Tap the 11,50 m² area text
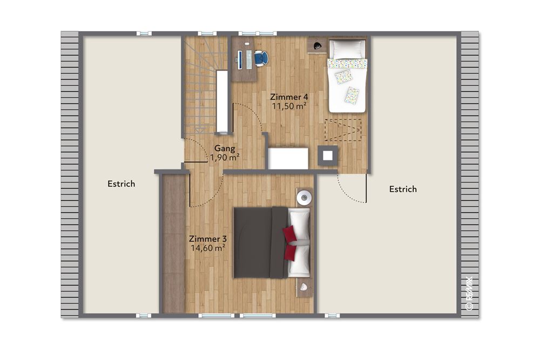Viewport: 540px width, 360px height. [288, 106]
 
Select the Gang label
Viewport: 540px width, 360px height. [224, 148]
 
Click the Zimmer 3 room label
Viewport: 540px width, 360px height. [207, 239]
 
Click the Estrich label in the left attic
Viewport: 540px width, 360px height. [121, 184]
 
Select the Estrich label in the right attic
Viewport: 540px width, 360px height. [403, 189]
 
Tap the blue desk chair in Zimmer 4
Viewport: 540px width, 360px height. [261, 58]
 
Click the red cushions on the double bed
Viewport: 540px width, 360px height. [290, 242]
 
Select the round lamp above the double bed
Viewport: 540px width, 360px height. [305, 198]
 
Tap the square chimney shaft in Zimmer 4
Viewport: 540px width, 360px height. [328, 156]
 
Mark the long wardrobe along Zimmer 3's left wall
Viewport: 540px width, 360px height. [173, 243]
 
